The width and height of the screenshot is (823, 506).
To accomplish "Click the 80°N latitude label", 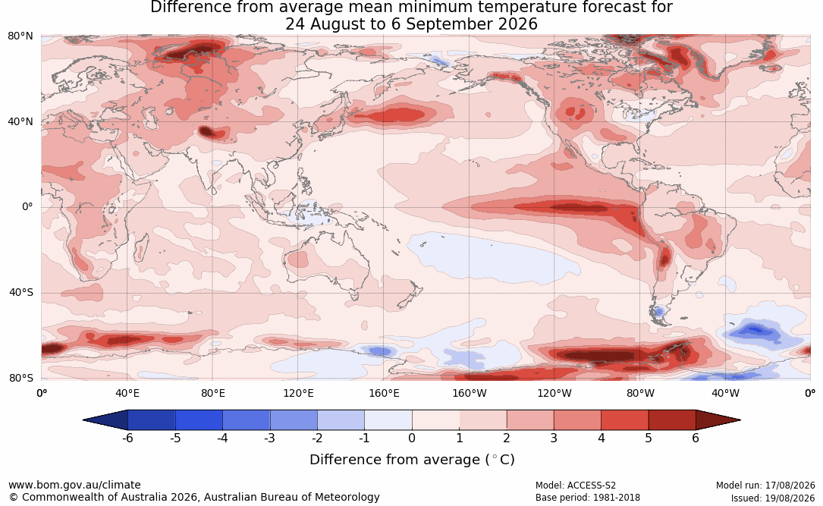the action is pos(20,36).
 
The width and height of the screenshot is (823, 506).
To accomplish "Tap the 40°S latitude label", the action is pos(21,292).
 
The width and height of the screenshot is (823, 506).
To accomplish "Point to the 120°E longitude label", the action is pos(299,393).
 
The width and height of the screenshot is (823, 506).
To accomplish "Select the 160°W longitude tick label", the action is pos(470,393).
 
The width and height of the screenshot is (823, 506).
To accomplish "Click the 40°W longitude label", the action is pos(726,393).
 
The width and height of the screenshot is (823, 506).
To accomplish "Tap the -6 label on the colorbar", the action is pos(127,438).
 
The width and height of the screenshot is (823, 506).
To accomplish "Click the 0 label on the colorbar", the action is pos(412,438).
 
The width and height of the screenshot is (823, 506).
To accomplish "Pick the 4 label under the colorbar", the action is pos(602,438).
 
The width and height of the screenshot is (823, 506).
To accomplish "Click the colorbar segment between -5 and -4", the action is pos(199,420).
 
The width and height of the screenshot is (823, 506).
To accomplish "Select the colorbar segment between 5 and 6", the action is pos(672,420).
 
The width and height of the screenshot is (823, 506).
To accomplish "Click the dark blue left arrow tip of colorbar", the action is pos(84,420).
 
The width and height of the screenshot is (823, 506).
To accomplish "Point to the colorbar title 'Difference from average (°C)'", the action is pos(412,460).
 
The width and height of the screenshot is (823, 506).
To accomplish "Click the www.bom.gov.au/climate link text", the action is pos(74,485).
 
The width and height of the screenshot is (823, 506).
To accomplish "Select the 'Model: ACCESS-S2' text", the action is pos(576,486).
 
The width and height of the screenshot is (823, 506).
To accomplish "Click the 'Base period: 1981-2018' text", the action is pos(588,498).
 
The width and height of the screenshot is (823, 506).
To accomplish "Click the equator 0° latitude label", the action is pos(27,207).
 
